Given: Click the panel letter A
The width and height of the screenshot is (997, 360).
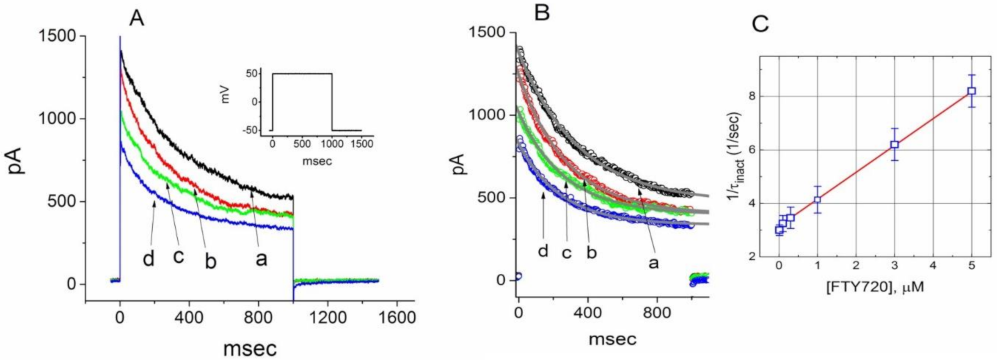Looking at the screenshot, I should click(x=136, y=19).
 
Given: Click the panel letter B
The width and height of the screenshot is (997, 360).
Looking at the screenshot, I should click(x=542, y=13).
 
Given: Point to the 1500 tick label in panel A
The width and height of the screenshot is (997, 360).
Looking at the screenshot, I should click(x=58, y=36).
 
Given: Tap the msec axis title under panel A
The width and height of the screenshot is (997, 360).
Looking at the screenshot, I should click(x=250, y=349).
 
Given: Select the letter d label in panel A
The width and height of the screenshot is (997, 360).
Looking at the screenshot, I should click(x=148, y=258).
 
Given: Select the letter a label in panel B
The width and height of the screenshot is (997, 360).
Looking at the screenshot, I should click(x=653, y=263).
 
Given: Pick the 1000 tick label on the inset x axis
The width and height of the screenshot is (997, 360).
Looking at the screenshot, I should click(x=332, y=144).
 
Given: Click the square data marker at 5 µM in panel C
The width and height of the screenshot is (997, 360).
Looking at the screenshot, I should click(x=972, y=91).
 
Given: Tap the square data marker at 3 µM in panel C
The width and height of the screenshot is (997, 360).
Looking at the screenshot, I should click(x=895, y=144).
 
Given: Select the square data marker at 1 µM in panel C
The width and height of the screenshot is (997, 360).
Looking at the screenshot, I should click(x=818, y=199).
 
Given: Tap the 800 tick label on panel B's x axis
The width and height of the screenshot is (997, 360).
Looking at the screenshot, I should click(x=657, y=313).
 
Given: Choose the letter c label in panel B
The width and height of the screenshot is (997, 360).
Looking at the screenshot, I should click(x=566, y=253).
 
